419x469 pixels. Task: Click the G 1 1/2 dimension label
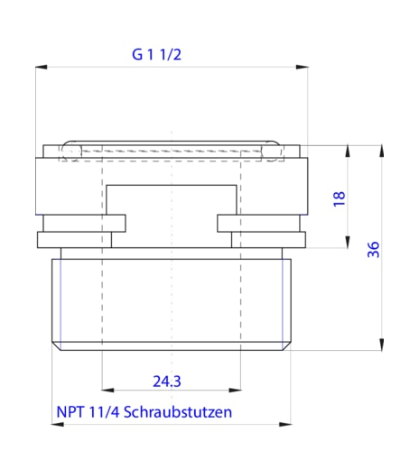tap(157, 53)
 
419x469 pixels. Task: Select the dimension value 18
tap(340, 198)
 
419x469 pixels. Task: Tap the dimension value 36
tap(374, 250)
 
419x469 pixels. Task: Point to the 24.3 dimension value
tap(167, 382)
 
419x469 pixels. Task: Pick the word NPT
tap(70, 411)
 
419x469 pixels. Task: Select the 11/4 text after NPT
tap(102, 411)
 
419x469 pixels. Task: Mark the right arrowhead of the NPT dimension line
tap(288, 423)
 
